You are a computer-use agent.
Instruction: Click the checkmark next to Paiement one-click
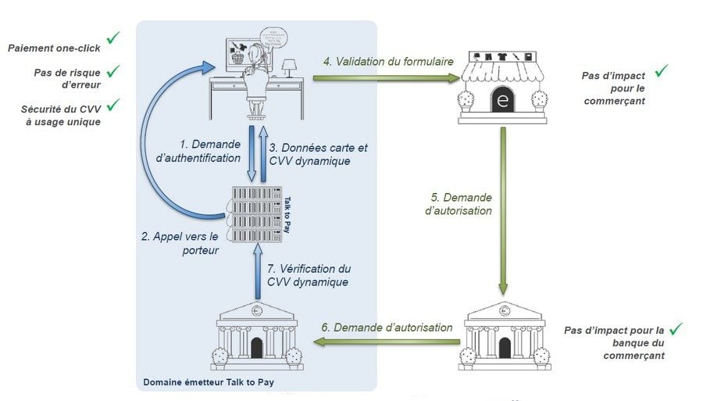[113, 38]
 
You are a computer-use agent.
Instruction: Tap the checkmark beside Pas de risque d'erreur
[113, 72]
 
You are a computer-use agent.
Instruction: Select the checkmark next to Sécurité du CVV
[113, 104]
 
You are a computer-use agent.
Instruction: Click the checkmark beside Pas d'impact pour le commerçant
[661, 71]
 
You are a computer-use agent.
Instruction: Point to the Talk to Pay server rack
[253, 213]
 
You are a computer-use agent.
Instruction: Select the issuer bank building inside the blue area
[257, 335]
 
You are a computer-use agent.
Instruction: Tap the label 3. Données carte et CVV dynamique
[318, 154]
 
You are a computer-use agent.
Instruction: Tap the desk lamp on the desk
[289, 66]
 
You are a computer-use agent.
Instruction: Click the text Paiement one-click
[53, 48]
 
